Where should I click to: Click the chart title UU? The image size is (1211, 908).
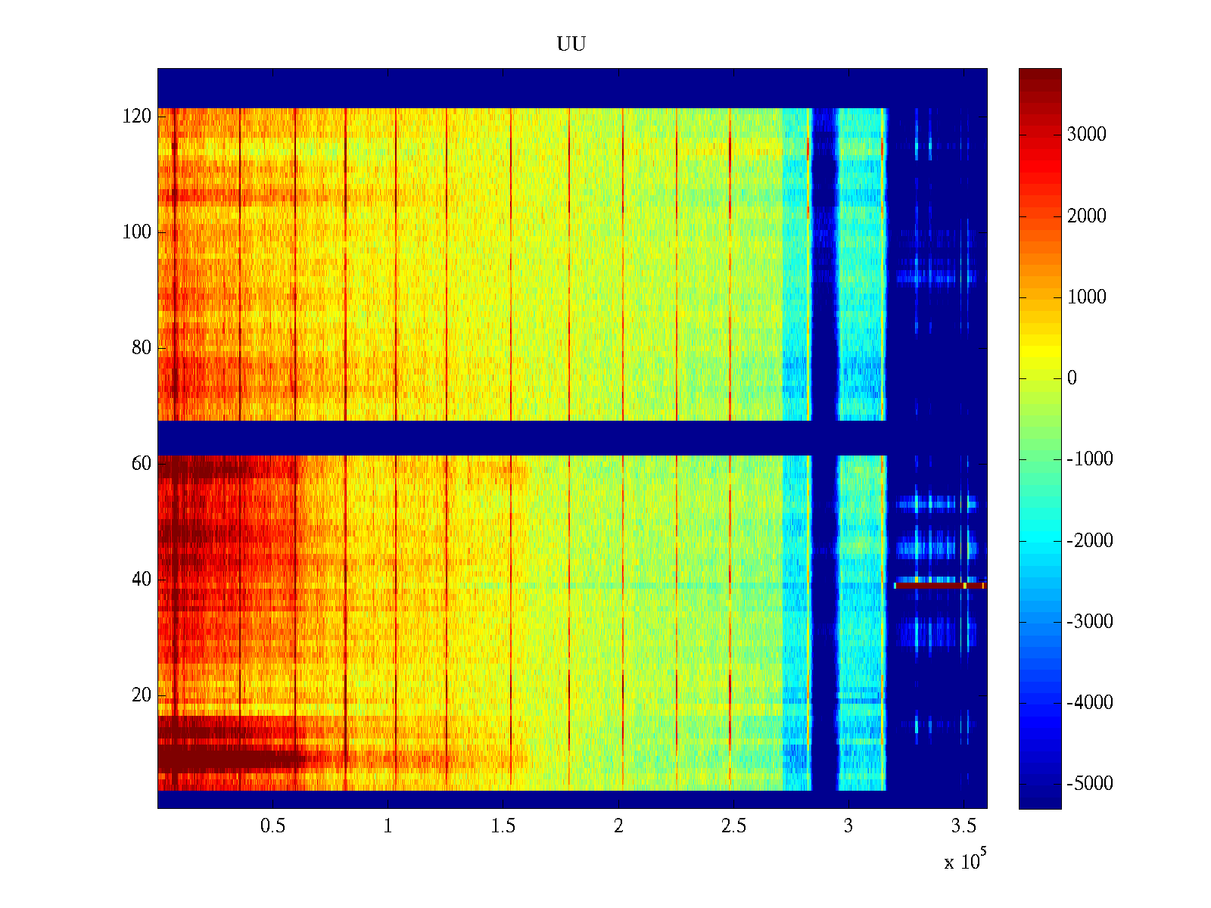[571, 45]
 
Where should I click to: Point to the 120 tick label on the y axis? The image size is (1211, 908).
[137, 117]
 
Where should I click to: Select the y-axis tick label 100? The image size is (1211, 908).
[137, 232]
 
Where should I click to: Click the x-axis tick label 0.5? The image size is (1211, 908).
[272, 826]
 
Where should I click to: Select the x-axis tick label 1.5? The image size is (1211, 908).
[503, 826]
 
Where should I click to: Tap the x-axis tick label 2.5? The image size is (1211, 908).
[733, 826]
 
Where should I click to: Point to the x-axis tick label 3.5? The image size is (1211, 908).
[964, 826]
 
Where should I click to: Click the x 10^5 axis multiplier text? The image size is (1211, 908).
[964, 861]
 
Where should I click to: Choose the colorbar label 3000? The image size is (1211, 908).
[1087, 135]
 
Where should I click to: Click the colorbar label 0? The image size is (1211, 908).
[1072, 378]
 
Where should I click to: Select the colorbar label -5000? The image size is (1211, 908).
[1090, 784]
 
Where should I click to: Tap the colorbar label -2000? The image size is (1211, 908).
[1090, 540]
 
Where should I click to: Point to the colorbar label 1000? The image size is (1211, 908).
[1087, 297]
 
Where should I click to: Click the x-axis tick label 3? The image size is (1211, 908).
[848, 826]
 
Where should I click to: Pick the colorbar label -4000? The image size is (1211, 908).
[1090, 703]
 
